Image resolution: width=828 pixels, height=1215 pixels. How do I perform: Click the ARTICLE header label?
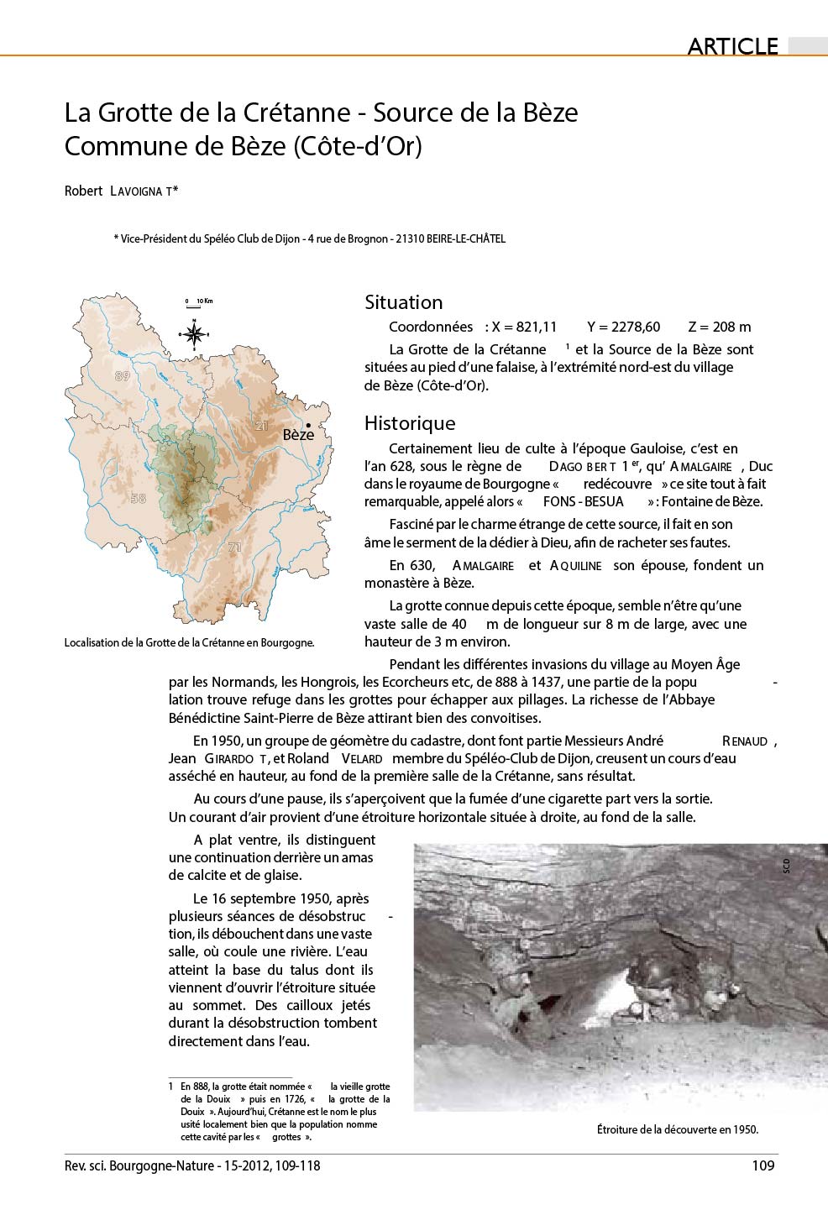coord(732,46)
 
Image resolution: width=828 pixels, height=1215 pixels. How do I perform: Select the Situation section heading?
coord(403,302)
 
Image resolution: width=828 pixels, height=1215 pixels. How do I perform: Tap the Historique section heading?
coord(410,423)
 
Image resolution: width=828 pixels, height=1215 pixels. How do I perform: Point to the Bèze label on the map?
coord(298,434)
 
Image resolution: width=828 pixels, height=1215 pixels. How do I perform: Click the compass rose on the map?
coord(194,335)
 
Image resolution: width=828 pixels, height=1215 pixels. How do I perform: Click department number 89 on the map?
coord(123,376)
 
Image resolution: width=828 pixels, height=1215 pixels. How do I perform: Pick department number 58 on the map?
coord(139,498)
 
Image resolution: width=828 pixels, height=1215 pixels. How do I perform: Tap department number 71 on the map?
coord(234,547)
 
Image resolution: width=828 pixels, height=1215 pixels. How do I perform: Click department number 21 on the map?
coord(261,426)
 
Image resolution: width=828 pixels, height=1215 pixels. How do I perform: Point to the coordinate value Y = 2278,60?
coord(624,327)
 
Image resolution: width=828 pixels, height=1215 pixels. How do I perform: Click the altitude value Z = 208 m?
coord(719,327)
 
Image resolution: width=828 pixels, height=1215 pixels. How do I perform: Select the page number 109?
coord(762,1165)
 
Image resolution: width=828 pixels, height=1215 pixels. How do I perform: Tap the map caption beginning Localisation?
coord(189,643)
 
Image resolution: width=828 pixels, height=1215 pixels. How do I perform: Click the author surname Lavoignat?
coord(143,191)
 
